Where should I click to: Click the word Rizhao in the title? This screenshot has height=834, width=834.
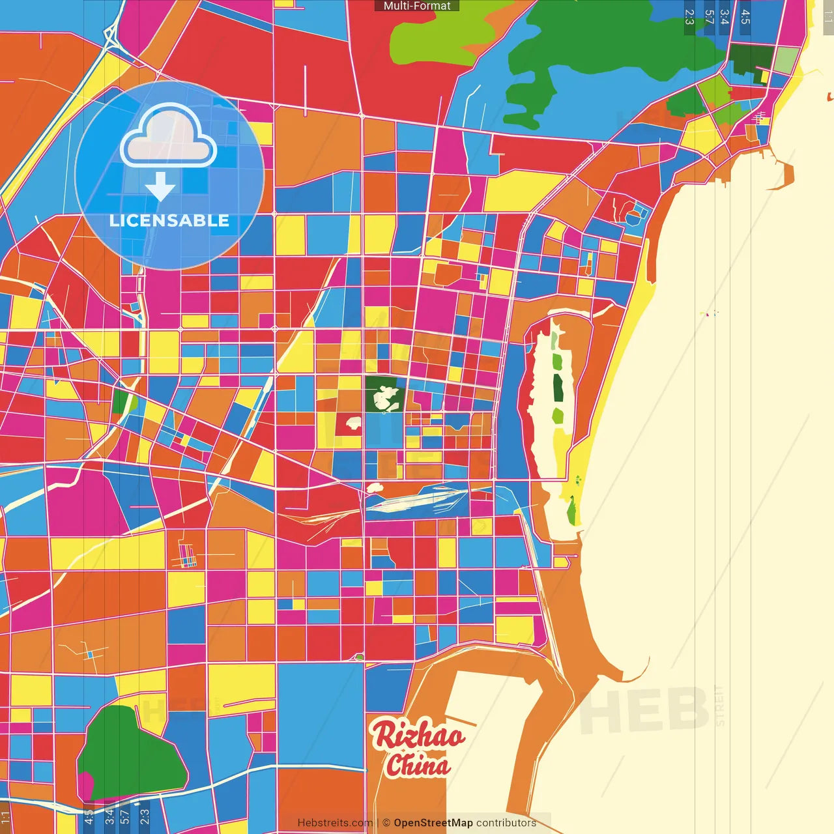[418, 735]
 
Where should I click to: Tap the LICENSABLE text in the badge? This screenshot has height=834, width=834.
[169, 220]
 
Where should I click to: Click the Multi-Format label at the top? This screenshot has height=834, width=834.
[417, 6]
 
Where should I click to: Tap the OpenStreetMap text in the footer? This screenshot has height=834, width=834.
[433, 823]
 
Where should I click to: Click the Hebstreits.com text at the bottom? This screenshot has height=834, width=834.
[335, 823]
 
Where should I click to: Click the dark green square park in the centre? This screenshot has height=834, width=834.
[384, 394]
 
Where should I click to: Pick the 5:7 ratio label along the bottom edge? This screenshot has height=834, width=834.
[124, 816]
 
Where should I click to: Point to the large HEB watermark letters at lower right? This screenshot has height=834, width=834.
[645, 710]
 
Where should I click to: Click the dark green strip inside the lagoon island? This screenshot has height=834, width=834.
[558, 388]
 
